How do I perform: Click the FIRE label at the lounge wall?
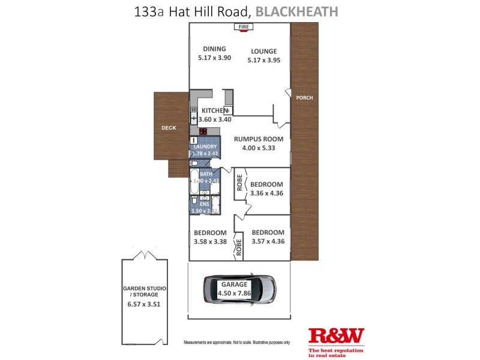point(244,27)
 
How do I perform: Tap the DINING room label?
point(214,49)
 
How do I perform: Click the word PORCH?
point(305,98)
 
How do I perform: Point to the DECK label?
point(169,128)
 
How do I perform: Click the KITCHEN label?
point(214,110)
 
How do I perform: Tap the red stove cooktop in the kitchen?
point(203,131)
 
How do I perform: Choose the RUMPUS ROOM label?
point(259,139)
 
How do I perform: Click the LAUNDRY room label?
point(205,146)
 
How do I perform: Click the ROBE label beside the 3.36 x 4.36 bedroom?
point(239,184)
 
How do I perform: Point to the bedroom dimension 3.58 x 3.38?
point(210,242)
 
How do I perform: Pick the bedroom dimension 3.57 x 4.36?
point(268,242)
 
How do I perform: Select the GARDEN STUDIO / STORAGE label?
point(145,292)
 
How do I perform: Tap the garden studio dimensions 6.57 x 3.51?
point(145,304)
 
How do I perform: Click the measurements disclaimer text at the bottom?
point(236,342)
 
